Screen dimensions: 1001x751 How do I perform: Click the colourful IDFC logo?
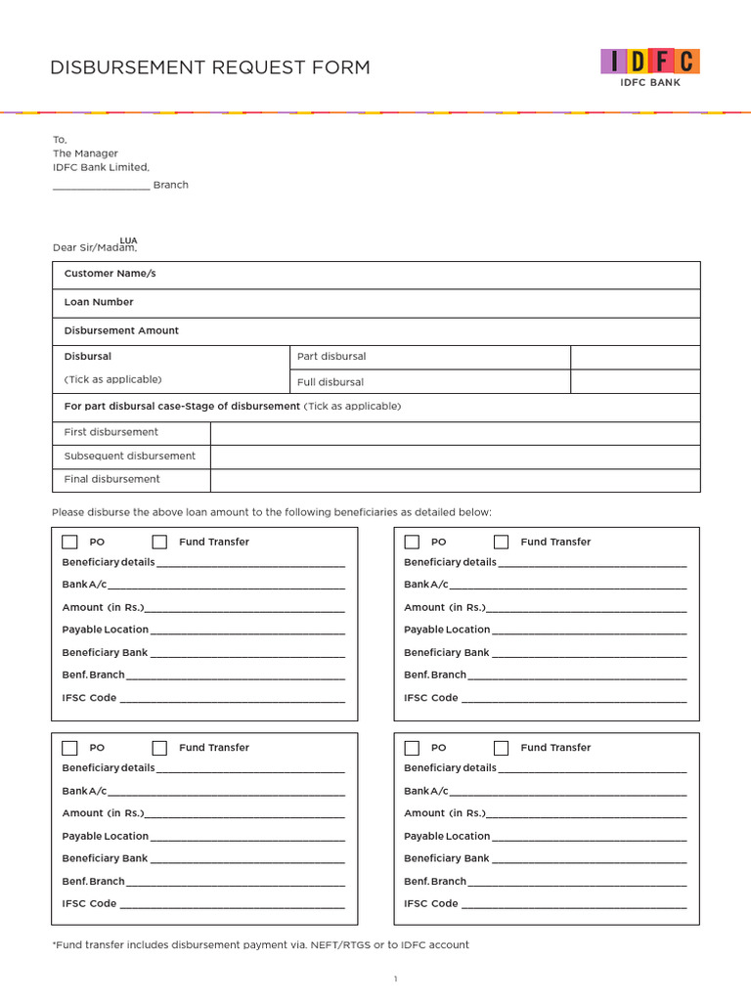coord(650,62)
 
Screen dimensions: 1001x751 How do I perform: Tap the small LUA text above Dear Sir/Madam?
coord(128,239)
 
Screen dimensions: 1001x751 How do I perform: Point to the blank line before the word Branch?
coord(101,186)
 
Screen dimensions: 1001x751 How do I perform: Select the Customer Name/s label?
coord(110,274)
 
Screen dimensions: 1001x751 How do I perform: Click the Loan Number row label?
coord(99,302)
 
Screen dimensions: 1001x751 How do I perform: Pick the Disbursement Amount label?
coord(121,330)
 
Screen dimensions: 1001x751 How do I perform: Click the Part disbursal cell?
coord(331,357)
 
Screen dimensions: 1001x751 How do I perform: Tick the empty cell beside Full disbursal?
coord(635,382)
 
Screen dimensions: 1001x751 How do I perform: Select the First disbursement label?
coord(110,432)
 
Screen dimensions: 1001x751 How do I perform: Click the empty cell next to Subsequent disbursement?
coord(455,457)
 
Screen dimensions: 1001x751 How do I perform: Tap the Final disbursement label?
coord(111,479)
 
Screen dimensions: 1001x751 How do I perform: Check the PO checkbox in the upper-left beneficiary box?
coord(70,542)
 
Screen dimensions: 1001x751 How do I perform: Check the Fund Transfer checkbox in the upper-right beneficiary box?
coord(501,542)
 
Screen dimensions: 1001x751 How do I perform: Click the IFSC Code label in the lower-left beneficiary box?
coord(89,903)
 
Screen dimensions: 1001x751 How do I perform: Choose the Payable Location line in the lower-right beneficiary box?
coord(588,837)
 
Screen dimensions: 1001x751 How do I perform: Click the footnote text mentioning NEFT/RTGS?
coord(260,945)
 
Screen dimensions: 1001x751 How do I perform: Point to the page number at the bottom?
coord(395,979)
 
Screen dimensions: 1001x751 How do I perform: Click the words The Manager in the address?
coord(85,153)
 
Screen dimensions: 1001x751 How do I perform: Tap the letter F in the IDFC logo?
coord(662,62)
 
